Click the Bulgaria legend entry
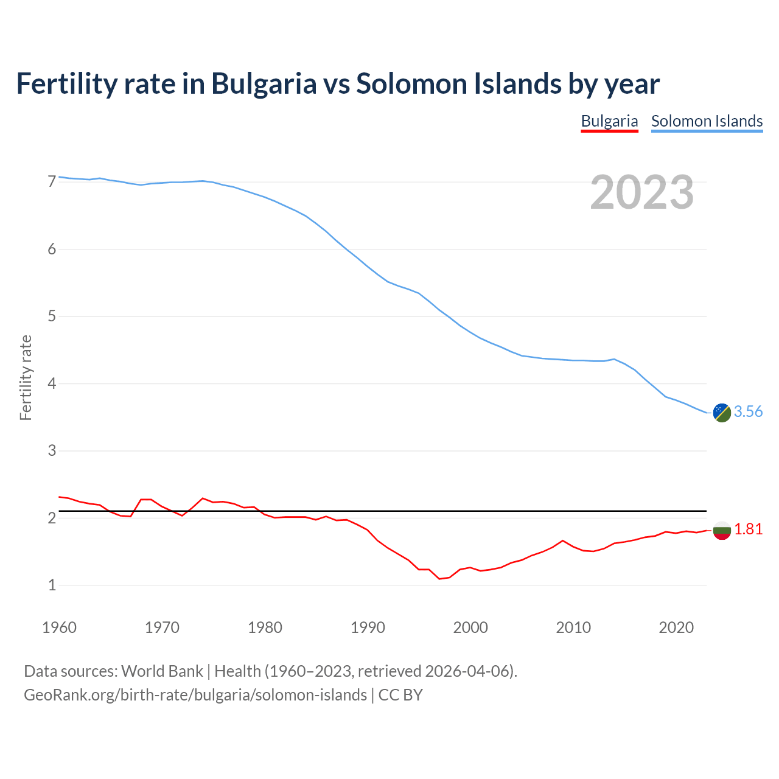click(x=609, y=121)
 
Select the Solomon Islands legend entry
click(x=707, y=121)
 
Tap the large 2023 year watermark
click(x=642, y=192)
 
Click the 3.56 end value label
click(x=748, y=412)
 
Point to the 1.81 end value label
click(x=748, y=529)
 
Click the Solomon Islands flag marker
click(x=722, y=413)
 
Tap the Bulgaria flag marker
click(x=722, y=530)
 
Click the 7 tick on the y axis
click(x=52, y=182)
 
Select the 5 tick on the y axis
click(x=52, y=316)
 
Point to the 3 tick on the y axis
click(x=52, y=451)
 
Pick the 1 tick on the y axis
click(x=52, y=585)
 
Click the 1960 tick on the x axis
click(x=59, y=627)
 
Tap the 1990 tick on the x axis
click(x=368, y=627)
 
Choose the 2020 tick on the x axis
click(x=676, y=627)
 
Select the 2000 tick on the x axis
click(x=470, y=627)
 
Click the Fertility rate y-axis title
click(x=26, y=378)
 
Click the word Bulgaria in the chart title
click(x=264, y=83)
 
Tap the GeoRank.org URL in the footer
click(x=195, y=695)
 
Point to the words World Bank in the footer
click(x=162, y=671)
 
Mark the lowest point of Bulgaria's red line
click(x=439, y=579)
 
